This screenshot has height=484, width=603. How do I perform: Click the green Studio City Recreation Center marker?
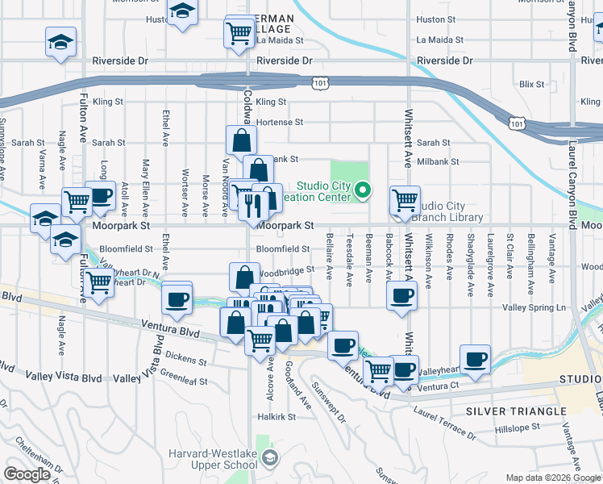[x=363, y=190]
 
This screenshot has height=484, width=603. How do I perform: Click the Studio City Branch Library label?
[x=447, y=211]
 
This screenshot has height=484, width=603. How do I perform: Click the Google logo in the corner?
[x=28, y=474]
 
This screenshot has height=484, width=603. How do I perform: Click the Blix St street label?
[x=533, y=84]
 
